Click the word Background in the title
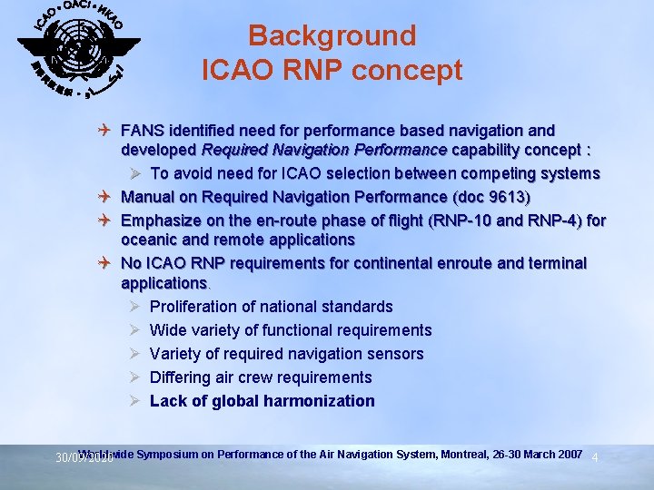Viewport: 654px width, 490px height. [332, 35]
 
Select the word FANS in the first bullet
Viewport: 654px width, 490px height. [142, 132]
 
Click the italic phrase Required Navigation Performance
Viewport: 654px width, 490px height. [324, 150]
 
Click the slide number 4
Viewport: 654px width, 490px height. [595, 458]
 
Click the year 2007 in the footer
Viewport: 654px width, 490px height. [568, 453]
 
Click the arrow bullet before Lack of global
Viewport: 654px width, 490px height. [134, 401]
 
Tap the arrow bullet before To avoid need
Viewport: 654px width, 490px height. [134, 173]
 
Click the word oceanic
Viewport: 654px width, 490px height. [148, 240]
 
